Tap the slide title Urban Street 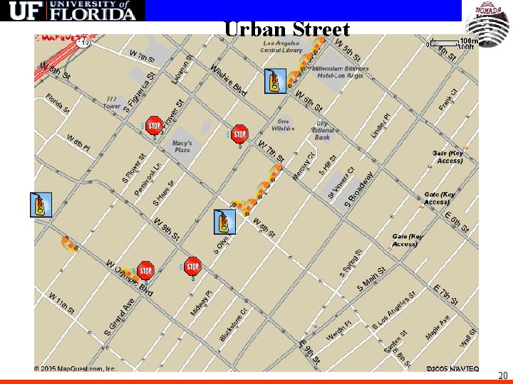286,29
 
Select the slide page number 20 502,375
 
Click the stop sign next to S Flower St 154,126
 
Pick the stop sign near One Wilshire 240,133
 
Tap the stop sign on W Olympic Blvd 145,270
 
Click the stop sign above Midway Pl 192,267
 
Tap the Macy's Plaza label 182,146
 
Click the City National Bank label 323,130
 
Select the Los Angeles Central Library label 281,46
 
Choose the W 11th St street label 62,302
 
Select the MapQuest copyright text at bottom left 75,369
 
